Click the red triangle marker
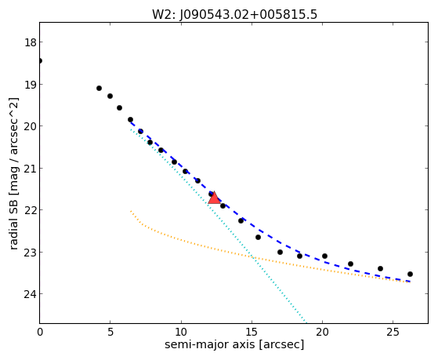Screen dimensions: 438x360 click(x=214, y=198)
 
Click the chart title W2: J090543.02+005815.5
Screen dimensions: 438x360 click(x=234, y=15)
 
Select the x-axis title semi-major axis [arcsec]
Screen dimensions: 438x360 click(x=234, y=344)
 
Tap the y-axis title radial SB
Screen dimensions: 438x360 click(x=13, y=221)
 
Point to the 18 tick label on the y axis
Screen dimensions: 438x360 click(x=30, y=42)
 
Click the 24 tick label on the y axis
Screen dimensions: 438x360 click(x=30, y=294)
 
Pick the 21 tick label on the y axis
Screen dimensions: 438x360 click(x=30, y=169)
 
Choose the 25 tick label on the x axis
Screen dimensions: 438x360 click(x=393, y=332)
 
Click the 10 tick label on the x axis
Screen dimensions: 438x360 click(x=181, y=332)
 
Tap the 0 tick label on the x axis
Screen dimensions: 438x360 click(x=40, y=332)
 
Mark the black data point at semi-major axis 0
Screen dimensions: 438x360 click(x=40, y=60)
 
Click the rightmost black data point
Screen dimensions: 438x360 click(x=410, y=275)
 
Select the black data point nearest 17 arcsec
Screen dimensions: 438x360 click(x=281, y=252)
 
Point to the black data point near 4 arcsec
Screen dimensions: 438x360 click(x=99, y=88)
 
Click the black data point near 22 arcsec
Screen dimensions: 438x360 click(x=350, y=264)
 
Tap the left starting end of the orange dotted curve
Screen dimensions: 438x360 click(x=131, y=211)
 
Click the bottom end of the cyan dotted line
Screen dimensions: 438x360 click(x=306, y=322)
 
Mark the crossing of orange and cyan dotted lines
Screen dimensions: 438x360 click(x=253, y=256)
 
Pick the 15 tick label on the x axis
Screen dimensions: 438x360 click(x=252, y=332)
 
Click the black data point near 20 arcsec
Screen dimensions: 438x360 click(x=324, y=256)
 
